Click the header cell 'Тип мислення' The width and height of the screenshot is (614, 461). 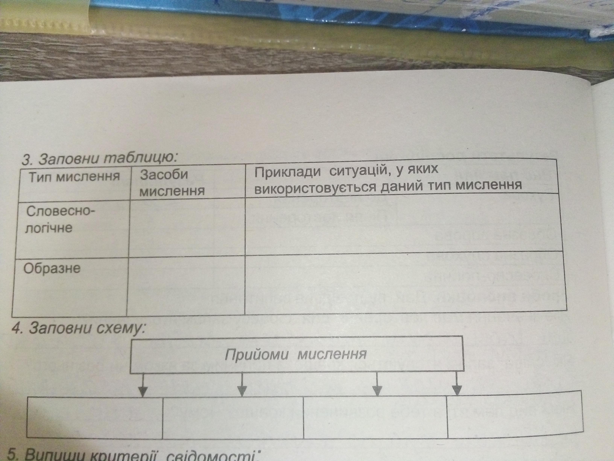click(74, 177)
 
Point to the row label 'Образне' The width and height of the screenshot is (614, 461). click(52, 268)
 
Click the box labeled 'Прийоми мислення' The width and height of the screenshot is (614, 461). click(296, 354)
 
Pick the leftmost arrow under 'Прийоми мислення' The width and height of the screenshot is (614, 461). click(143, 385)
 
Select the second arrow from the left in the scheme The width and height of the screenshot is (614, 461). click(242, 385)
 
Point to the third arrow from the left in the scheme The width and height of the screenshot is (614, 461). click(377, 384)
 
